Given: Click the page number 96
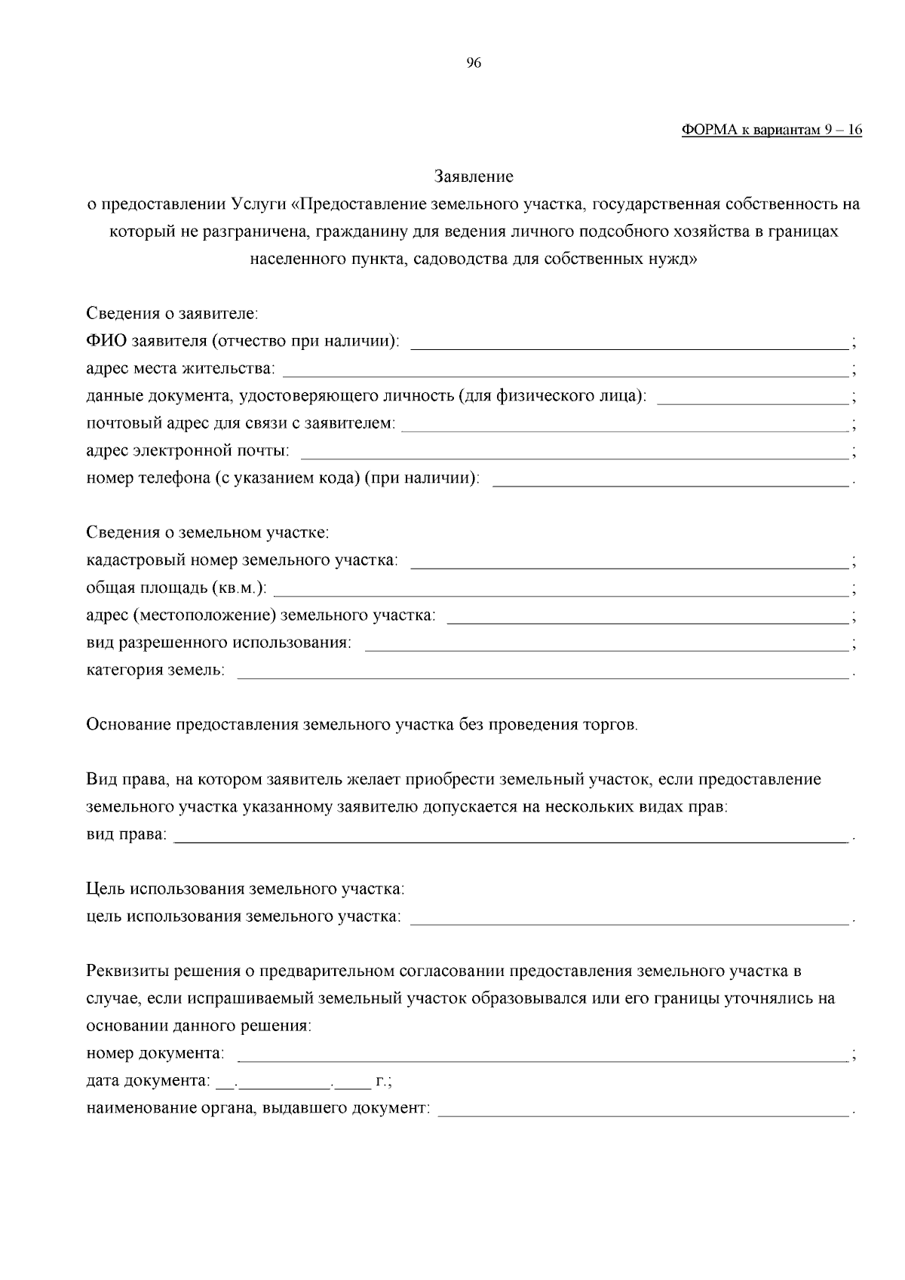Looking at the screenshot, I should click(474, 63).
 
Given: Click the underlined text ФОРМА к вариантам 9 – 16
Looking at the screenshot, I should click(772, 130).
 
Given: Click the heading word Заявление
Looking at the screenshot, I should click(474, 176).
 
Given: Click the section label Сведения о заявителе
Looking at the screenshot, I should click(172, 313).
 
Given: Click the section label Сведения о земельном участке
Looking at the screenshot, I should click(207, 533).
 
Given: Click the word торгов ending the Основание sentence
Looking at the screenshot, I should click(610, 726).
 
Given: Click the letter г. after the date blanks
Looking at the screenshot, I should click(382, 1082).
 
